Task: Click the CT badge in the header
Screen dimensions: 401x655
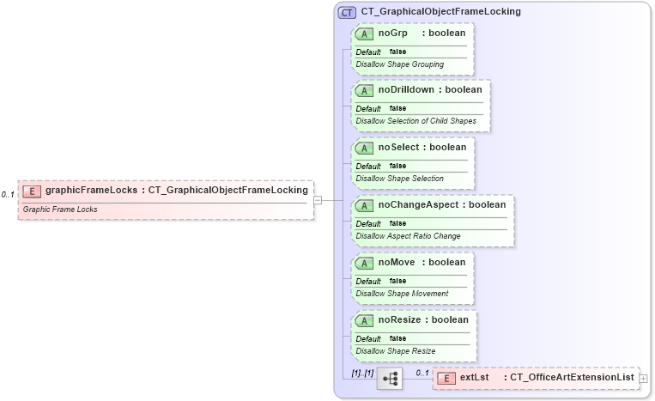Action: pyautogui.click(x=348, y=12)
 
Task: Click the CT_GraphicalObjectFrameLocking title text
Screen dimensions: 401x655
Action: pyautogui.click(x=440, y=12)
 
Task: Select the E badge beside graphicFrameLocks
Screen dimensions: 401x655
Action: pyautogui.click(x=32, y=191)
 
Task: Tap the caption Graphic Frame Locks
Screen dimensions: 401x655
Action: pyautogui.click(x=60, y=209)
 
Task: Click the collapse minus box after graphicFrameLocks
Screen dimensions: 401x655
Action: pyautogui.click(x=318, y=200)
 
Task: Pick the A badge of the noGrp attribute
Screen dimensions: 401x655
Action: pyautogui.click(x=364, y=33)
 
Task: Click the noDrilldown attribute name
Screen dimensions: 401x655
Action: pyautogui.click(x=407, y=89)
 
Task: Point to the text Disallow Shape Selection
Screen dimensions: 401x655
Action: pyautogui.click(x=399, y=179)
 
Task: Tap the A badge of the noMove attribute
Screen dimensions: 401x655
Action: pyautogui.click(x=364, y=263)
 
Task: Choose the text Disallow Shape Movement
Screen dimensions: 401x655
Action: pyautogui.click(x=402, y=294)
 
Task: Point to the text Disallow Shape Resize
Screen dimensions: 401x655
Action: pyautogui.click(x=395, y=350)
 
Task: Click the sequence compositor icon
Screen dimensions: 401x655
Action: pyautogui.click(x=389, y=377)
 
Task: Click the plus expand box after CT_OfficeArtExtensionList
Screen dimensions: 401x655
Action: pyautogui.click(x=643, y=377)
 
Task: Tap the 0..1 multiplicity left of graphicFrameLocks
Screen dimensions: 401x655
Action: pyautogui.click(x=8, y=195)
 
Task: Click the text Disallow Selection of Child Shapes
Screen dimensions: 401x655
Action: pyautogui.click(x=415, y=121)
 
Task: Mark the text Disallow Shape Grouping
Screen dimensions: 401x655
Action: pyautogui.click(x=399, y=64)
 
